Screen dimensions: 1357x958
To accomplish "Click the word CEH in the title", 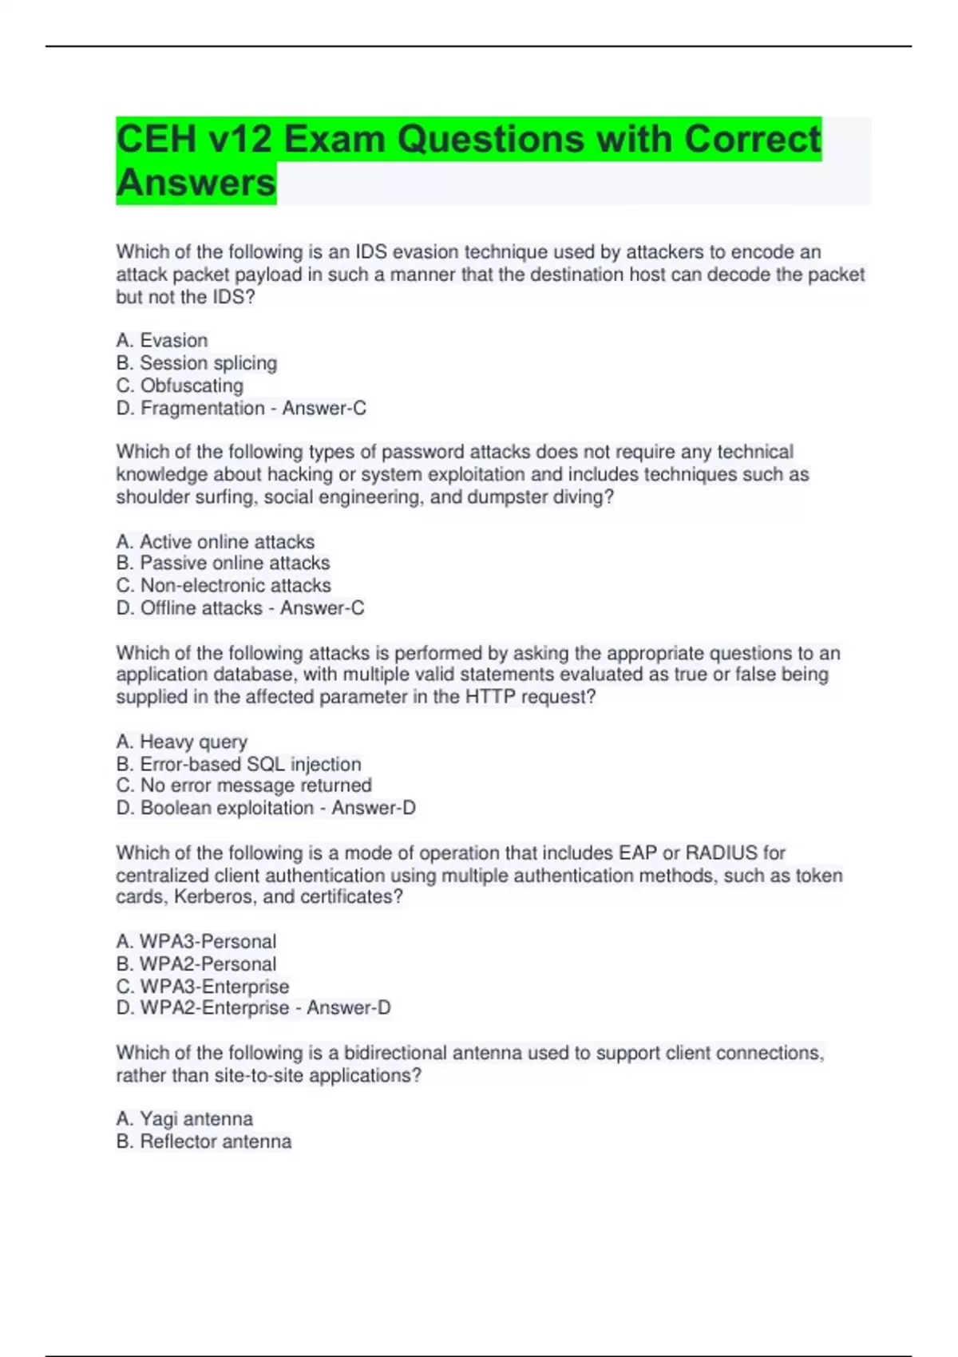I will (x=156, y=140).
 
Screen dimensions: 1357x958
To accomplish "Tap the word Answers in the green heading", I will (x=196, y=183).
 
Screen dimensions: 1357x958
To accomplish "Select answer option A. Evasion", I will (x=162, y=341).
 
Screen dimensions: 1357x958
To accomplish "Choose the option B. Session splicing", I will (x=196, y=363).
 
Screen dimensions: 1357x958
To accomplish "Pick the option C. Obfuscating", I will (x=180, y=386).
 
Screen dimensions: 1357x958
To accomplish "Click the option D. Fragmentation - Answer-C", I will (x=241, y=409).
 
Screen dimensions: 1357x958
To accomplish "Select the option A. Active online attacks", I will (x=216, y=542).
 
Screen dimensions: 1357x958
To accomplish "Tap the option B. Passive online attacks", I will (x=223, y=564).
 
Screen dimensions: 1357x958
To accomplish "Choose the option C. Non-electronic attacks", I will (x=224, y=586).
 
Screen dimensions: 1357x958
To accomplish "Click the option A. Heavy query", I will (x=182, y=742).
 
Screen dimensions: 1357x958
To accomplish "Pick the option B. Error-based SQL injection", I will (x=239, y=764).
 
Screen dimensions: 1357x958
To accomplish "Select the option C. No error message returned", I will (x=243, y=785).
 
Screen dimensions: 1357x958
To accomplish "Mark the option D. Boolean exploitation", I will (x=266, y=809).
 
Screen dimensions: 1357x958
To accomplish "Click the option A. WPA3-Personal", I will (x=196, y=942).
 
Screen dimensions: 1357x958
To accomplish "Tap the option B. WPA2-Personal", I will (x=196, y=964).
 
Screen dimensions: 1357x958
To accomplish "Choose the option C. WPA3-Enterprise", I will (x=203, y=987).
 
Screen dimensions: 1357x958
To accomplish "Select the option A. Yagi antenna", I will (x=184, y=1119).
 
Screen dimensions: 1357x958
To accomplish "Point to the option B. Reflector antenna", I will (x=204, y=1142).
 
